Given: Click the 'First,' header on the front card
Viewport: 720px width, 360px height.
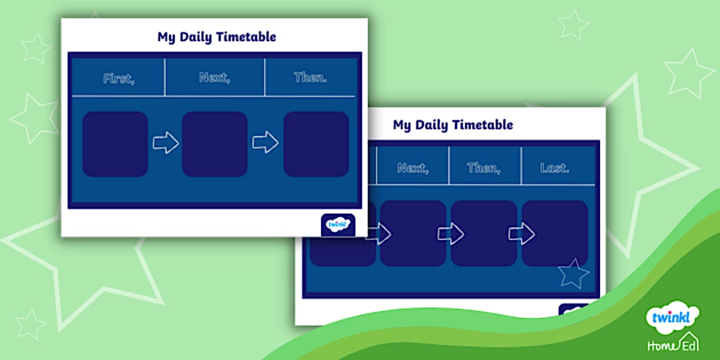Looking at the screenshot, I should tap(119, 78).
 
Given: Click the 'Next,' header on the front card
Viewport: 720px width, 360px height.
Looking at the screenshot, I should tap(214, 78).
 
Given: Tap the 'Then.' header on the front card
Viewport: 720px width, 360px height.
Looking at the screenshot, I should tap(310, 78).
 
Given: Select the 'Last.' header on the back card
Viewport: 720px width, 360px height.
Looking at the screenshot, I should tap(554, 167).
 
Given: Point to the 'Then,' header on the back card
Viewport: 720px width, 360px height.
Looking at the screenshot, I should tap(484, 167).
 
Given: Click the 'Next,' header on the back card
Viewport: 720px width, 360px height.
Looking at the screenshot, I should tap(413, 167).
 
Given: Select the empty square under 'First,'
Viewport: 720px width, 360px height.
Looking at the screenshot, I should tap(115, 144).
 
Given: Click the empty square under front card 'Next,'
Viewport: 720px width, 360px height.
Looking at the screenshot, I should tap(215, 144).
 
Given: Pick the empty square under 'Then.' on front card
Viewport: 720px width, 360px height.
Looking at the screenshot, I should tap(316, 144).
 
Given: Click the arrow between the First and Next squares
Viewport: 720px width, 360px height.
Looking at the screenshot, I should tap(166, 143).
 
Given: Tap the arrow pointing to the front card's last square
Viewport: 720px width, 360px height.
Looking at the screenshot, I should tap(265, 142).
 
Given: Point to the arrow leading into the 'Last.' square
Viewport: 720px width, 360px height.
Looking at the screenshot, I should tap(521, 233).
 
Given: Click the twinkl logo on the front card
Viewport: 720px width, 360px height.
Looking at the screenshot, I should tap(338, 225).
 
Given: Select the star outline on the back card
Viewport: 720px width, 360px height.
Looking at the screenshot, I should tap(573, 274).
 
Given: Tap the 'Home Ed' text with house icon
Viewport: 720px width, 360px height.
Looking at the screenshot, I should tap(672, 344).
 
